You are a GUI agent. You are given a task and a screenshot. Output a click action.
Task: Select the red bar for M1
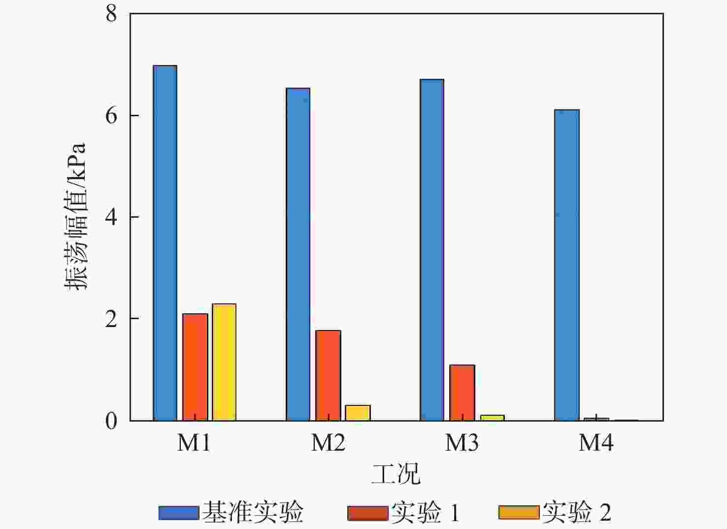195,367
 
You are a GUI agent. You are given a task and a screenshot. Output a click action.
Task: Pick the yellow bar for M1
224,362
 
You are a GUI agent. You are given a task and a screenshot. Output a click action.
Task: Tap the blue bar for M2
298,254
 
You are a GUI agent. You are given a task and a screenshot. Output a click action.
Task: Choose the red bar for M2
328,375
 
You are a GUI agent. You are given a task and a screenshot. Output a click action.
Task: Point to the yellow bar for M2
358,413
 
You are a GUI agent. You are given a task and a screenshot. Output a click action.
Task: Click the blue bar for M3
432,250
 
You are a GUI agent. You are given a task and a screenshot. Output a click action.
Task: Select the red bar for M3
462,393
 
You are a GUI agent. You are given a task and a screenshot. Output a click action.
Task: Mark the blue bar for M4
566,265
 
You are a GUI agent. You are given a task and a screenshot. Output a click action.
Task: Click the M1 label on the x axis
194,443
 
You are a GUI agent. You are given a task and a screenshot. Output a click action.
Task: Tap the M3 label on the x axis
462,443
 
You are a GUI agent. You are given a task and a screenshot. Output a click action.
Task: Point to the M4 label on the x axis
596,443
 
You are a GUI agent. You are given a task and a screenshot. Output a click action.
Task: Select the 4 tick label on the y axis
111,217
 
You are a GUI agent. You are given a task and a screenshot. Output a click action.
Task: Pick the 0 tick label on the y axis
111,421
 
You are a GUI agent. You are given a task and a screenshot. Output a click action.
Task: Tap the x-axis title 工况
396,474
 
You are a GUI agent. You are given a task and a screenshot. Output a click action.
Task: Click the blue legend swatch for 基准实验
178,513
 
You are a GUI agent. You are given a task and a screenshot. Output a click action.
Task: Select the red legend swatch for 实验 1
367,513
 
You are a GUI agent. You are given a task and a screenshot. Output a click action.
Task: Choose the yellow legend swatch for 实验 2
519,513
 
